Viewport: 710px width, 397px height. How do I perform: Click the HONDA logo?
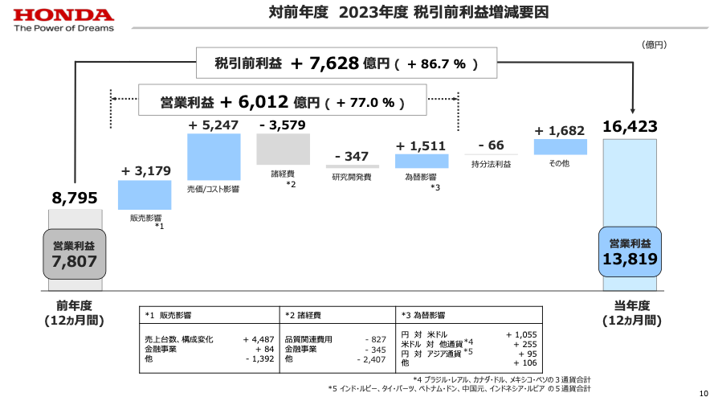tap(63, 15)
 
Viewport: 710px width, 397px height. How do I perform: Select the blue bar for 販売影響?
tap(145, 195)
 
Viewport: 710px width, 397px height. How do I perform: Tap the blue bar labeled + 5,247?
tap(214, 157)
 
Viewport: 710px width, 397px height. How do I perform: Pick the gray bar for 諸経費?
tap(283, 149)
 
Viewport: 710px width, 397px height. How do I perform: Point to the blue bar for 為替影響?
tap(421, 161)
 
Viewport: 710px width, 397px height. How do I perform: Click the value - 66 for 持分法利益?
tap(491, 145)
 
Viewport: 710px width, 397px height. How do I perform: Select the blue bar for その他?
tap(561, 146)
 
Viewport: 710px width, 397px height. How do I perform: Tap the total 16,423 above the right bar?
tap(630, 126)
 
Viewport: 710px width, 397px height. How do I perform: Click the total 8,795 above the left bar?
tap(74, 197)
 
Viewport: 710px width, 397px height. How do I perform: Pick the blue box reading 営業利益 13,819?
tap(630, 252)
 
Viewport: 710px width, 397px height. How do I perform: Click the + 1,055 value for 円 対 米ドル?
tap(521, 334)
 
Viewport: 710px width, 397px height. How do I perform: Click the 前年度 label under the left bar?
tap(74, 305)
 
